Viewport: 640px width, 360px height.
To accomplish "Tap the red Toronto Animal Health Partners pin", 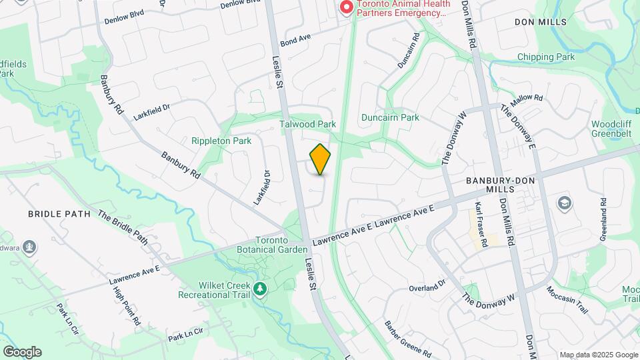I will [346, 7].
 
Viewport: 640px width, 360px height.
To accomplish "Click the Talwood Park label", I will [308, 124].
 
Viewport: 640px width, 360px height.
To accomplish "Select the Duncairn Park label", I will [390, 117].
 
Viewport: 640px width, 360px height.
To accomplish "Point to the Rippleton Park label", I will [221, 141].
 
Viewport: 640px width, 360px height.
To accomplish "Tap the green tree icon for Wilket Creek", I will [260, 289].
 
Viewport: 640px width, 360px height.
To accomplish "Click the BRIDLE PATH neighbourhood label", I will [53, 214].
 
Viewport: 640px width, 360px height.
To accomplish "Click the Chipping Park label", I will [546, 57].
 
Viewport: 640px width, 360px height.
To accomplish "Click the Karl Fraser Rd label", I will [481, 224].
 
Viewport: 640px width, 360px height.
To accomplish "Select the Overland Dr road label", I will [427, 285].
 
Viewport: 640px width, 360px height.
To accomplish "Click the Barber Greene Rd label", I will [407, 339].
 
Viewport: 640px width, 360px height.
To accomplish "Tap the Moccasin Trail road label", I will [567, 301].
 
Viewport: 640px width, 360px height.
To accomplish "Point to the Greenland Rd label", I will [603, 220].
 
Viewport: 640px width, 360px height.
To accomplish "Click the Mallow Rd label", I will [527, 101].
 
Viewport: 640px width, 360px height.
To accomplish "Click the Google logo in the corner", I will [22, 351].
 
